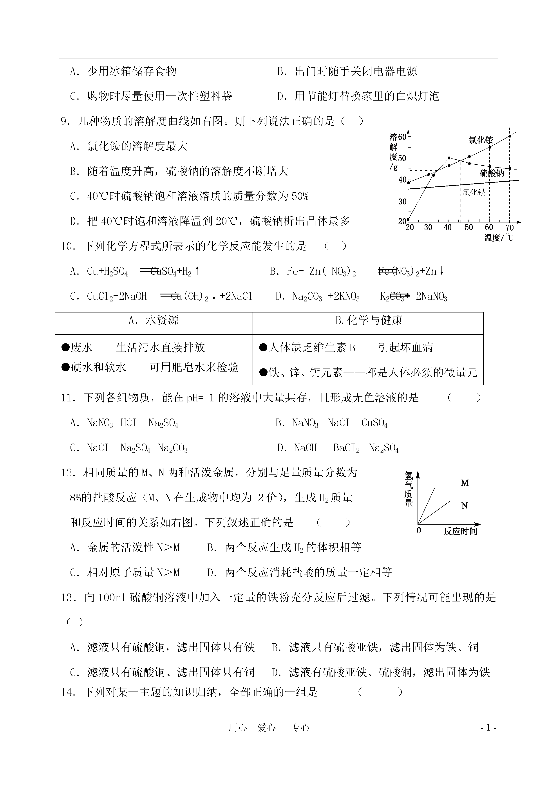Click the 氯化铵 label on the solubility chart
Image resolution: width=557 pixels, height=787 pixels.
[x=481, y=140]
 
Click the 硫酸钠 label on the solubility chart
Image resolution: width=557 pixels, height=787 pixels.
[x=492, y=173]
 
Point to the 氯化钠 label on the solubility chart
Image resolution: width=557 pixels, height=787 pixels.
[x=474, y=192]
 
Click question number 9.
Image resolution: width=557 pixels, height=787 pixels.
[x=65, y=121]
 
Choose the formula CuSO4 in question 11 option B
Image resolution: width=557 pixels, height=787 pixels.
[x=374, y=423]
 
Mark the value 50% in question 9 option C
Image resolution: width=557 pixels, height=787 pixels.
[x=300, y=197]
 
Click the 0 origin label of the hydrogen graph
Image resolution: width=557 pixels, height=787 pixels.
[x=418, y=531]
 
